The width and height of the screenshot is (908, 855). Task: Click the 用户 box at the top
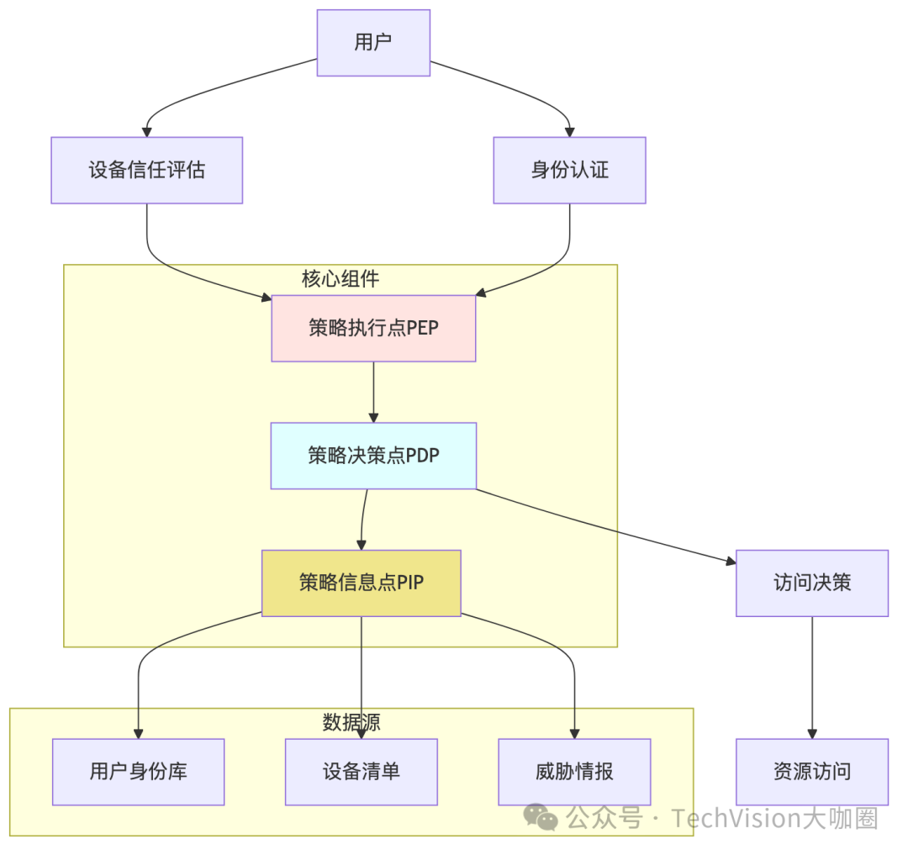[373, 43]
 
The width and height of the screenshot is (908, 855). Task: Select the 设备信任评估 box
[147, 171]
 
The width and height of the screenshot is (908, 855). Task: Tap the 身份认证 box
[569, 171]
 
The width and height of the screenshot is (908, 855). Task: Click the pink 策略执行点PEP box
[373, 329]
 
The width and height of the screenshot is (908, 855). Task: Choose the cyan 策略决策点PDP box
[373, 456]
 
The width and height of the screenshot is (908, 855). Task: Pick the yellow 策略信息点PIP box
[362, 583]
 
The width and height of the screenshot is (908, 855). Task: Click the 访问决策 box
[812, 583]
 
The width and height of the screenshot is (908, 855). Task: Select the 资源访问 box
[812, 772]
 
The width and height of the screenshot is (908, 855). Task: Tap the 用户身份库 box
[138, 772]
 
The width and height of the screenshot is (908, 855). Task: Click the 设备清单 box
[362, 772]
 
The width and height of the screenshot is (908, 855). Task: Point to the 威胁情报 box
[574, 772]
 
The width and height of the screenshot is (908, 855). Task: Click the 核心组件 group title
[340, 278]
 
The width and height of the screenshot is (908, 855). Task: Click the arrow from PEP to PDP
[373, 393]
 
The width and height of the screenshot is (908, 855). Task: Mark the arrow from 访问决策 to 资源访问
[812, 678]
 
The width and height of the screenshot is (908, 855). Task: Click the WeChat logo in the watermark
[541, 816]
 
